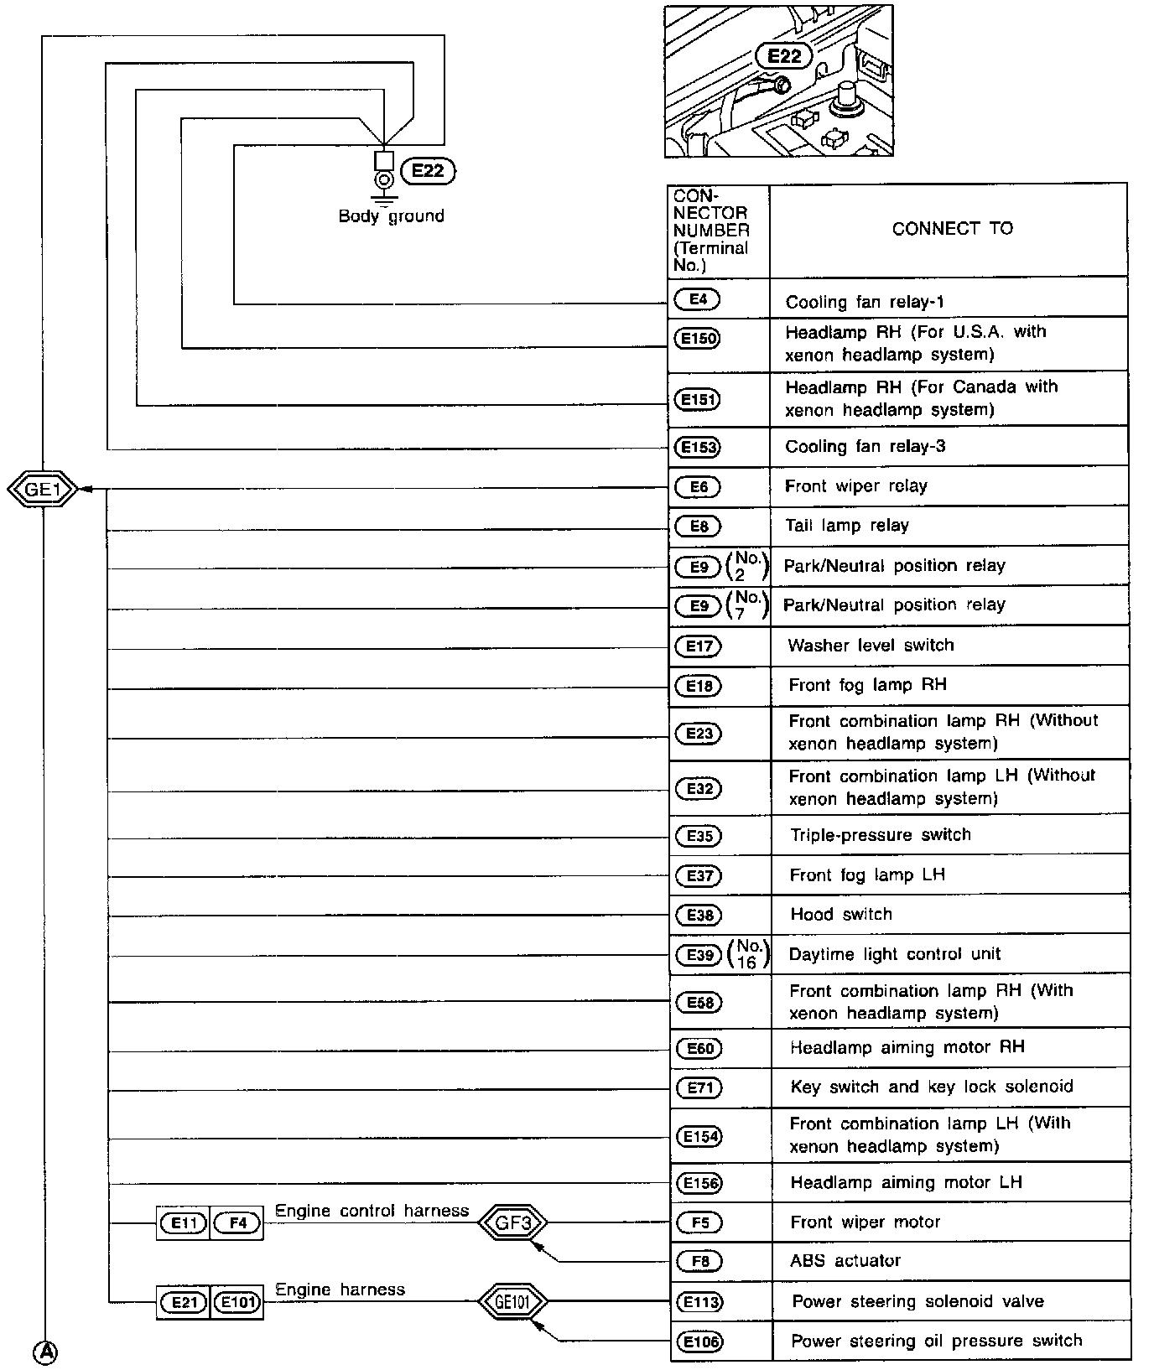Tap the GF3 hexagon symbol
(x=513, y=1222)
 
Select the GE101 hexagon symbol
(x=512, y=1302)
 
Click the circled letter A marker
(x=45, y=1352)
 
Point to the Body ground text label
(x=391, y=216)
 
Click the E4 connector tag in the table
(x=698, y=299)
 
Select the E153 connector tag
(x=698, y=447)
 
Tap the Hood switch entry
(x=841, y=914)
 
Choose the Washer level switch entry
(x=871, y=645)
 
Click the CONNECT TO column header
(x=952, y=229)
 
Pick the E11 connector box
(x=184, y=1223)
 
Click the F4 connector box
(x=237, y=1223)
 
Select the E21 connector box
(x=184, y=1303)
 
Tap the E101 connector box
(x=237, y=1303)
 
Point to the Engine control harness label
(x=372, y=1211)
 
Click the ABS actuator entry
(x=845, y=1260)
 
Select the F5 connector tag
(x=699, y=1222)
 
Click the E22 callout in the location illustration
(x=784, y=56)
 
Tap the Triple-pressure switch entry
(x=881, y=834)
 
